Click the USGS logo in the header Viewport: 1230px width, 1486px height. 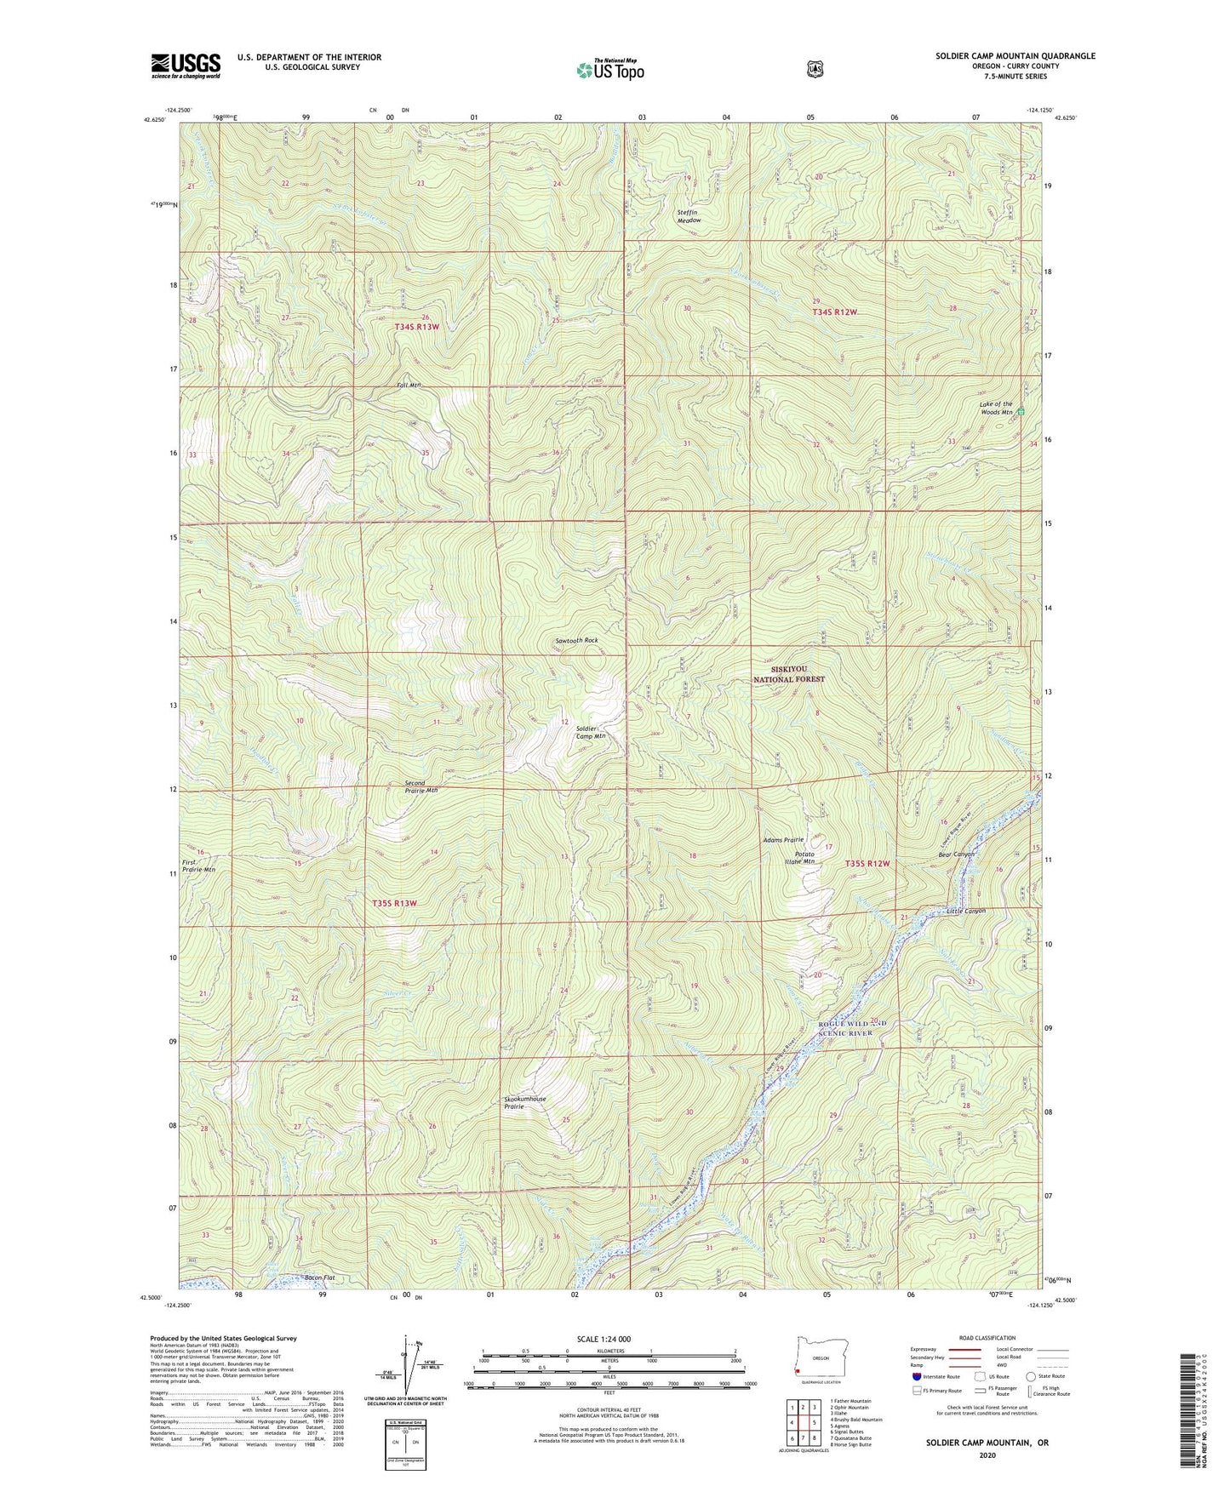tap(186, 66)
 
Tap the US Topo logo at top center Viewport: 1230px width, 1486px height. tap(609, 70)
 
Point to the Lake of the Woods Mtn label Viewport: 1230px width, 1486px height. tap(995, 409)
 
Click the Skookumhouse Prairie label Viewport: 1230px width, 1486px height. tap(525, 1103)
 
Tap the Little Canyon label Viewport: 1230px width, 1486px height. tap(966, 911)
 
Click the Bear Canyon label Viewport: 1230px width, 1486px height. tap(956, 854)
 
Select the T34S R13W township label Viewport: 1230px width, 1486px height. tap(416, 327)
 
